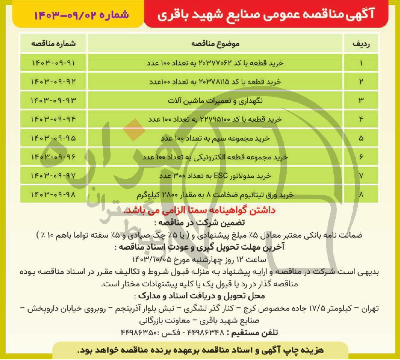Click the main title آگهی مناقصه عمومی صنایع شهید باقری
pyautogui.click(x=266, y=14)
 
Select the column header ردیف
pyautogui.click(x=361, y=44)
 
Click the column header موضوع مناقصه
pyautogui.click(x=215, y=44)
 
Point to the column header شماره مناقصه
pyautogui.click(x=53, y=44)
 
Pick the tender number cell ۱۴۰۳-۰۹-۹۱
pyautogui.click(x=53, y=63)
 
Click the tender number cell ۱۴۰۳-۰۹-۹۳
pyautogui.click(x=53, y=100)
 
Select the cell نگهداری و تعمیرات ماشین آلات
pyautogui.click(x=215, y=100)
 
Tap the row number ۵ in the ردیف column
pyautogui.click(x=361, y=138)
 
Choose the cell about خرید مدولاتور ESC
pyautogui.click(x=215, y=176)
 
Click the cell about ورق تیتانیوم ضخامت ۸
pyautogui.click(x=215, y=195)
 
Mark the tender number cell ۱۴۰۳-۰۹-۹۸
pyautogui.click(x=53, y=195)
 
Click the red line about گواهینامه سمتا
pyautogui.click(x=199, y=210)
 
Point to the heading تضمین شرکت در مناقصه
pyautogui.click(x=200, y=222)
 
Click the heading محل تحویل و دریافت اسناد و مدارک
pyautogui.click(x=200, y=296)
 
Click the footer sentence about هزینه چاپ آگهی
pyautogui.click(x=200, y=350)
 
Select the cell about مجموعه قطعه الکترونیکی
pyautogui.click(x=215, y=157)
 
